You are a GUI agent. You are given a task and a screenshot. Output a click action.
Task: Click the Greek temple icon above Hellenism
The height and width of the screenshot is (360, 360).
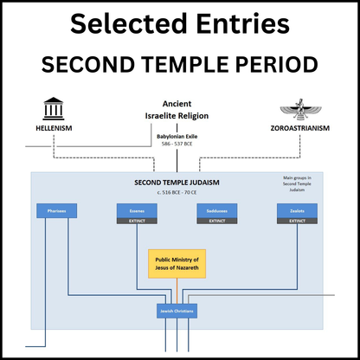coord(56,108)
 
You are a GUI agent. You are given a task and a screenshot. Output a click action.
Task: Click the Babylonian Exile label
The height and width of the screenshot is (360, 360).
coord(177,136)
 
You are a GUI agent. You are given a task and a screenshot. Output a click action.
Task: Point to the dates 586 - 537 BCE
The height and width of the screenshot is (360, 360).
coord(177,144)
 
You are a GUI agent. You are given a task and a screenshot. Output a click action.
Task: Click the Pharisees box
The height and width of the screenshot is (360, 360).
coord(56,210)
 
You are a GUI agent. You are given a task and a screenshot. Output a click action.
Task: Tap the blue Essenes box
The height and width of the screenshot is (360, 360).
coord(136,210)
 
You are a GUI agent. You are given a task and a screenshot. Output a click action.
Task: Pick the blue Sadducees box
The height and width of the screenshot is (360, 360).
coord(217,210)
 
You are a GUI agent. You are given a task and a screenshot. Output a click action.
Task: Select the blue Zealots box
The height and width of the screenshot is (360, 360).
coord(297,210)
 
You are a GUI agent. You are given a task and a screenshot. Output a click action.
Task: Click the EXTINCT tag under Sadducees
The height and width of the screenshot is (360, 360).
coord(217,221)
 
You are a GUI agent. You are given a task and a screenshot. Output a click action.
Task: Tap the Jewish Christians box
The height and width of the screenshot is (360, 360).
coord(177,310)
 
